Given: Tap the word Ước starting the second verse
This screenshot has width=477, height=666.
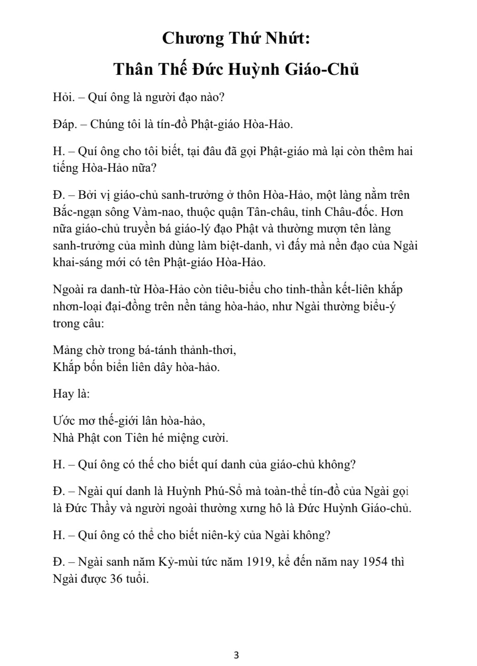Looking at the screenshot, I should pos(62,420).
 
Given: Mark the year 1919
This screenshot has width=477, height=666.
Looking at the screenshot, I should pos(258,562).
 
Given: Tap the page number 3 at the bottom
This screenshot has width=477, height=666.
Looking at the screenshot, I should pos(237,656).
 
